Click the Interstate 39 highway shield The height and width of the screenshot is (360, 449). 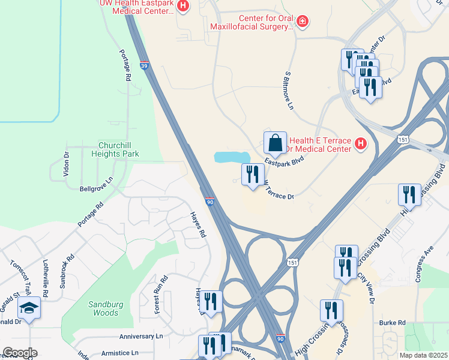point(145,65)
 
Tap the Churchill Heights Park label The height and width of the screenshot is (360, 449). point(119,149)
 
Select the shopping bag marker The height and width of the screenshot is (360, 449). point(275,143)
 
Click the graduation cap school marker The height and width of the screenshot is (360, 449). point(29,308)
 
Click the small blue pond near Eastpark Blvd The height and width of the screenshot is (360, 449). point(232,157)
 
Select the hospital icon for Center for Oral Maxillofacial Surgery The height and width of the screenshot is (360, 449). point(303,22)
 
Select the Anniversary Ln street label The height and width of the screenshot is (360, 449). point(141,337)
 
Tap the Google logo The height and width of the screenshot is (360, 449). point(20,353)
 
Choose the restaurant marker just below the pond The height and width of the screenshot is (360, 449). point(252,175)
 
